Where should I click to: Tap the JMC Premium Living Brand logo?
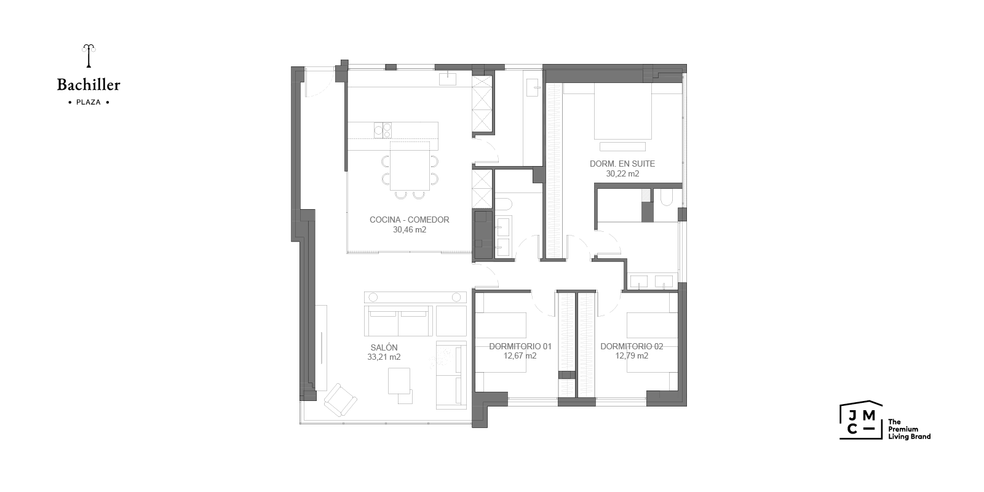click(885, 421)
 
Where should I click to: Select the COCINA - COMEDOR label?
click(410, 220)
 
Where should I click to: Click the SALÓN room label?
click(384, 347)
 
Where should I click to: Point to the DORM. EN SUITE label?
click(622, 164)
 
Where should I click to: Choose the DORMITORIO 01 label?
click(520, 347)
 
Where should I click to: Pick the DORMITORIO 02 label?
click(632, 347)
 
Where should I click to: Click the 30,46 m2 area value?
click(410, 230)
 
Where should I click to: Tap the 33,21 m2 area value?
click(384, 357)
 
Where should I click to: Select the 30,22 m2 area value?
click(622, 174)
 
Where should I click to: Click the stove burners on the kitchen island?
click(383, 130)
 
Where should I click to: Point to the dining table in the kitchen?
click(410, 166)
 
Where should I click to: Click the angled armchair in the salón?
click(341, 400)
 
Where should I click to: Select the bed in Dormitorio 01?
click(501, 343)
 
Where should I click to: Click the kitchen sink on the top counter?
click(448, 79)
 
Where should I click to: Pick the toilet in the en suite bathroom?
click(666, 197)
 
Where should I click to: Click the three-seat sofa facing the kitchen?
click(399, 321)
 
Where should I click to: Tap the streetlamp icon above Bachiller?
click(89, 56)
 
